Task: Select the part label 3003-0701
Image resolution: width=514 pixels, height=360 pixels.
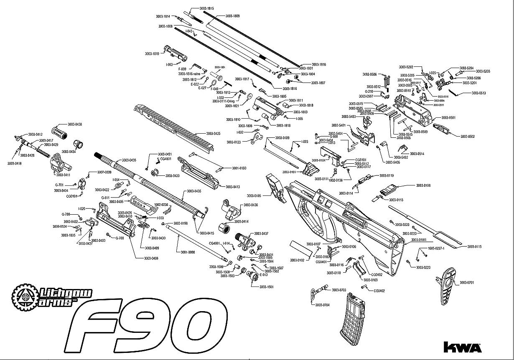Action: (x=467, y=283)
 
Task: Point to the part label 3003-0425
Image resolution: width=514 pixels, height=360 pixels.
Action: (x=213, y=134)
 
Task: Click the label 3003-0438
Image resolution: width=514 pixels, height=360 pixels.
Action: (x=76, y=124)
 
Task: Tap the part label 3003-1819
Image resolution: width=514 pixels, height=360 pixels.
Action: (x=152, y=53)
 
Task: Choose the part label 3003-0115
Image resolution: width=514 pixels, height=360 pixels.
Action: (x=474, y=247)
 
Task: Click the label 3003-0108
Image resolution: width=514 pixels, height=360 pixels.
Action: (x=423, y=185)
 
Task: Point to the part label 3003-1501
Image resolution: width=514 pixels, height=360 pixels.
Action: (x=266, y=287)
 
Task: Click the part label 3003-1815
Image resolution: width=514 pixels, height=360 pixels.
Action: (x=206, y=8)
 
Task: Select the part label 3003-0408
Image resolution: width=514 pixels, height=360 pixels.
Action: (x=151, y=258)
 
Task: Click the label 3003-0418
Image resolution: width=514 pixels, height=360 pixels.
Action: (x=14, y=163)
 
